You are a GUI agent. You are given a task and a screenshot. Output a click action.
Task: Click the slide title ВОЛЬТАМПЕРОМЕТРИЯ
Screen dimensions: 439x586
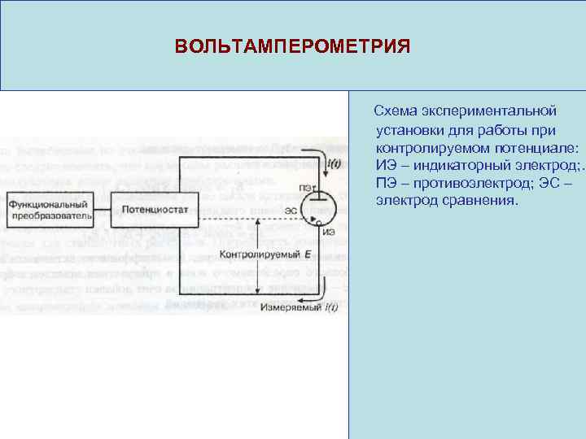pos(292,45)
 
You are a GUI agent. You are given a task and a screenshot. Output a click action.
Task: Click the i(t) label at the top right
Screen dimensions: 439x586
pos(333,163)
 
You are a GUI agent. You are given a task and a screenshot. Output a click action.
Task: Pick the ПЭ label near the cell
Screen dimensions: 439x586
pos(306,189)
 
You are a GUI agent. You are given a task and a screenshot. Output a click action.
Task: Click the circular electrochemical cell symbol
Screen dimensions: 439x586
pos(318,208)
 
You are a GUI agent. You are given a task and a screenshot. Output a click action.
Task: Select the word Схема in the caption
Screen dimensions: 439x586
pos(394,109)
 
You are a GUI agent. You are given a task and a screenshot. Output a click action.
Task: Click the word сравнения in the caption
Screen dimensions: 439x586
pos(480,200)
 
